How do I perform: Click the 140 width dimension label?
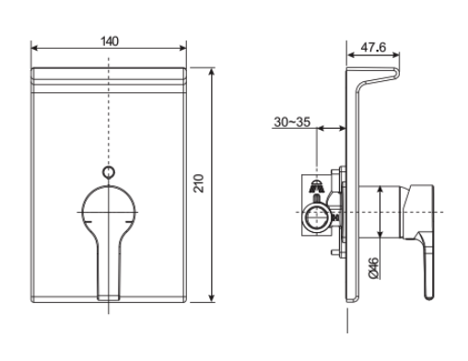[x=111, y=42]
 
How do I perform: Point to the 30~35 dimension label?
[x=293, y=121]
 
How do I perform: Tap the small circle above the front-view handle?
[x=110, y=171]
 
